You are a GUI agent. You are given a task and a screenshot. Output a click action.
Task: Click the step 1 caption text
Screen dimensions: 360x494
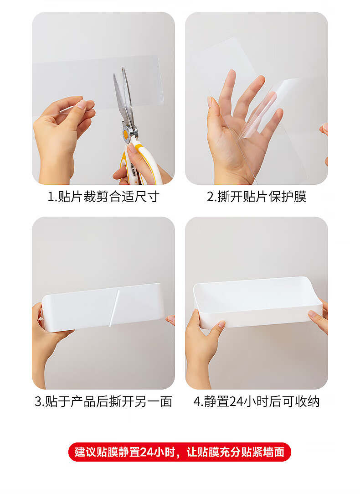(x=103, y=197)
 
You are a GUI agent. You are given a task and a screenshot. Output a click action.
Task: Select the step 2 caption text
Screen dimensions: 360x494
(x=257, y=197)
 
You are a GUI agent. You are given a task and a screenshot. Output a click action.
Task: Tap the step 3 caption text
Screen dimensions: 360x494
(x=103, y=402)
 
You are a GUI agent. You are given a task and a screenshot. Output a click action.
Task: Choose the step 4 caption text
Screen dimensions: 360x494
(x=257, y=402)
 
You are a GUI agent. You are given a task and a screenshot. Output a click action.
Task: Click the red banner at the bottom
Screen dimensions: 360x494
(x=180, y=452)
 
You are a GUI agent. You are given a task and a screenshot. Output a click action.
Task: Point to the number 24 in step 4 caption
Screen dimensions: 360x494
(x=236, y=402)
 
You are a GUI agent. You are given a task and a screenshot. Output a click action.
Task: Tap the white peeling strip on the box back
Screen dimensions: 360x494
(x=114, y=308)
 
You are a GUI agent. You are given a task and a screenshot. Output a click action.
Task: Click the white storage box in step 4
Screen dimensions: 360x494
(x=257, y=302)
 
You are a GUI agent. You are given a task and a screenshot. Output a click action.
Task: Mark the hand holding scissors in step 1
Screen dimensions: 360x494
(x=139, y=167)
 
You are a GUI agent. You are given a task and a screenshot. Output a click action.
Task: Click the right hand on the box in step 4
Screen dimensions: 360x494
(x=319, y=317)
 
